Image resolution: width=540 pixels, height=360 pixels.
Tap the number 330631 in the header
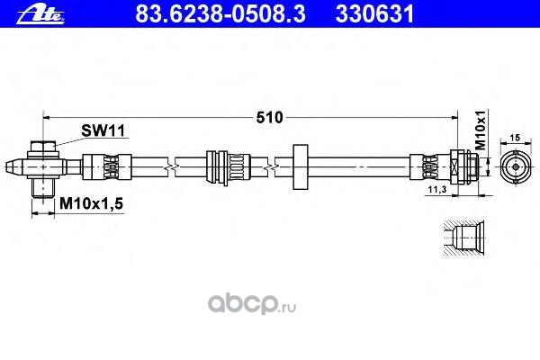coord(364,12)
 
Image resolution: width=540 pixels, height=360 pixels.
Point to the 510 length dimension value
coord(270,117)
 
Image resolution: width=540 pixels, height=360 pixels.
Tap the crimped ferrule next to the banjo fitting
coord(97,166)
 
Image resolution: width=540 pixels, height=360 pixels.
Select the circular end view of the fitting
coord(516,166)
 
